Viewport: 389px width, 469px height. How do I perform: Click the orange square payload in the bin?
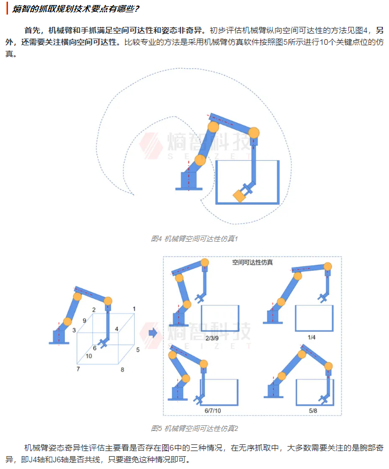pos(239,196)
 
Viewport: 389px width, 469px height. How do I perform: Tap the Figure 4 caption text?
pos(194,238)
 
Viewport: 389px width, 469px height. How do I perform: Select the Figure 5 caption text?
pos(194,428)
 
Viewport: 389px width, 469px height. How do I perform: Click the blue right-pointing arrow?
pos(153,332)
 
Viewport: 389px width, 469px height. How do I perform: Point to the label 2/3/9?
pos(212,338)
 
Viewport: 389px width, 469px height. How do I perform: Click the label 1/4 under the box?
pos(311,337)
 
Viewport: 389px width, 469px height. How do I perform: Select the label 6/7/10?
pos(213,411)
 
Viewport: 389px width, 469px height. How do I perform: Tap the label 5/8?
pos(313,411)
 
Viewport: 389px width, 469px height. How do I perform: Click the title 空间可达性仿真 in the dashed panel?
pos(253,262)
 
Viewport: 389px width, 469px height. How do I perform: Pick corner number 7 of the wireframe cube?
pos(78,369)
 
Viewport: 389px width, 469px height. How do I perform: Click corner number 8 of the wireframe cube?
pos(122,370)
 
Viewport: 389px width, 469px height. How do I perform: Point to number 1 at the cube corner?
pos(134,309)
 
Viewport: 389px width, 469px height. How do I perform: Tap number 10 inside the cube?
pos(89,356)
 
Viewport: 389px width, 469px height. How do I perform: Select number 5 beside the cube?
pos(137,349)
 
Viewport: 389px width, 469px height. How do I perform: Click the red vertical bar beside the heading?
pos(7,8)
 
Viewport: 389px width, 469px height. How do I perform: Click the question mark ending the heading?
pos(136,8)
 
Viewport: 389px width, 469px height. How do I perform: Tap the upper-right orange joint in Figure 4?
pos(254,133)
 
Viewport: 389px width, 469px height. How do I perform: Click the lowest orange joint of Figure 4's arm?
pos(200,160)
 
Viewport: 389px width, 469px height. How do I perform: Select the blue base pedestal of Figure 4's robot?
pos(189,181)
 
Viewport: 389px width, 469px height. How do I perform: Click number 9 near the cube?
pos(84,320)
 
